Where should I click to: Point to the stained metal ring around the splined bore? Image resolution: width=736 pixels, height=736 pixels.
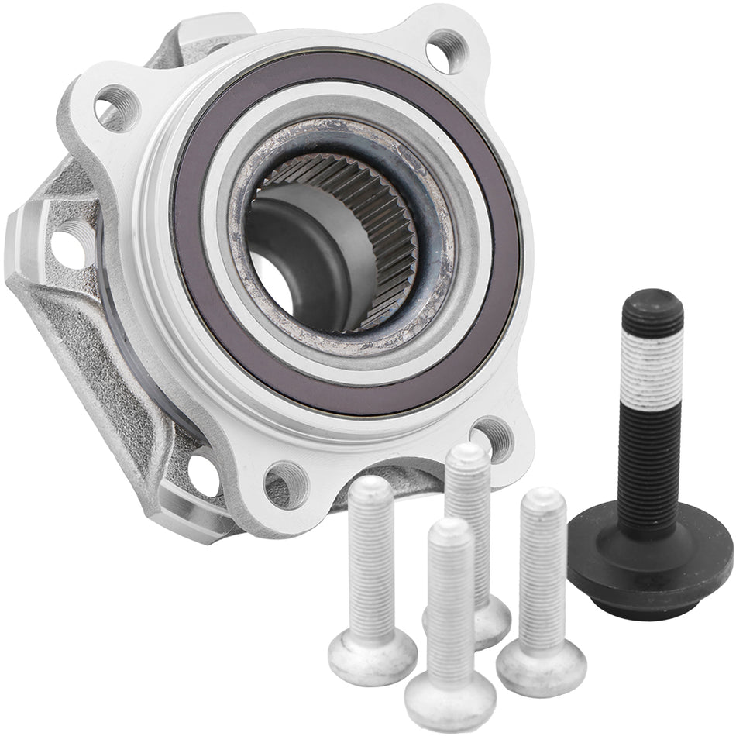coord(434,310)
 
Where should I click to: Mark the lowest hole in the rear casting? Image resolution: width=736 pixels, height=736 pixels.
coord(203,475)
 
